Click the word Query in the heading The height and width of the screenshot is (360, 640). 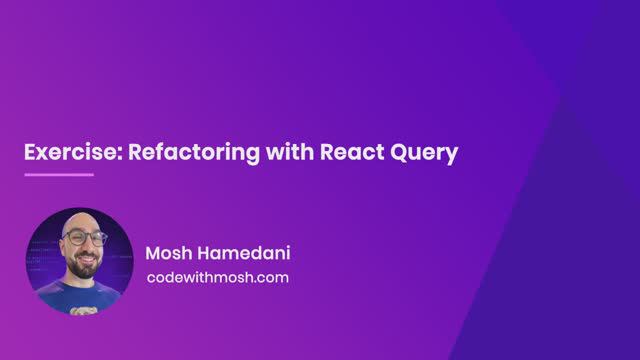[x=424, y=154]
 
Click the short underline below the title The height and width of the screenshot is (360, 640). [x=59, y=175]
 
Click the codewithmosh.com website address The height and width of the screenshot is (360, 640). [x=217, y=277]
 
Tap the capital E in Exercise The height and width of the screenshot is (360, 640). [x=30, y=153]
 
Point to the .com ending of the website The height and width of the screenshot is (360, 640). [x=271, y=277]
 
